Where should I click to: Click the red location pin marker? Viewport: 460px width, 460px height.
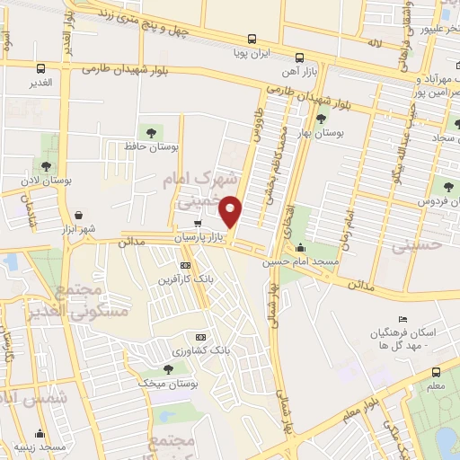(232, 212)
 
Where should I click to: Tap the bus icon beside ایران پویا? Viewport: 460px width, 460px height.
(252, 40)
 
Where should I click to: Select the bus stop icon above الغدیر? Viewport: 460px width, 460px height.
(40, 68)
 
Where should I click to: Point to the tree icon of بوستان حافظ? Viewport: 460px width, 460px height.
(147, 131)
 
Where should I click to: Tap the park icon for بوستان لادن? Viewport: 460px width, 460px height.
(45, 165)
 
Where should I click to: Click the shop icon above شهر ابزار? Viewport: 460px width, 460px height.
(82, 216)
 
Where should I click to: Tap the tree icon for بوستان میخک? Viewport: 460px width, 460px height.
(168, 369)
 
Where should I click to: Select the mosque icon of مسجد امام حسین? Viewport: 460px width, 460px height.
(300, 249)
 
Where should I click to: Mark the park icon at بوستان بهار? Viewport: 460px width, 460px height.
(321, 119)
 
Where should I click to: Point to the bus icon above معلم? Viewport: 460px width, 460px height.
(436, 372)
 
